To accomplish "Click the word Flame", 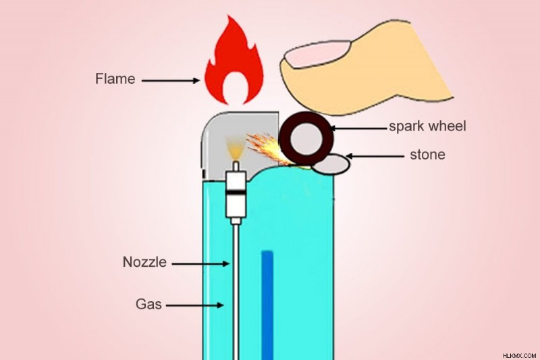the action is point(115,79).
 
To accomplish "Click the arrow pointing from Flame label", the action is point(171,80).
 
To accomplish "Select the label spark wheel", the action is point(427,126).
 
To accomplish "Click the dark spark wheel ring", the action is point(284,138).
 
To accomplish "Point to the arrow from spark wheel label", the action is point(359,128).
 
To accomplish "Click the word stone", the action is point(427,155).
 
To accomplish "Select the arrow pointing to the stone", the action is point(375,157).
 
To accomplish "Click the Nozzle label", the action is point(144,262).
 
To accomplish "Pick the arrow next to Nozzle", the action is point(200,264).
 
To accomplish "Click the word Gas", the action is point(148,304).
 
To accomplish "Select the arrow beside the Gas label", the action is point(194,305).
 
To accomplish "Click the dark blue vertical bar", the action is point(267,305).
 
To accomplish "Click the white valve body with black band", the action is point(236,194).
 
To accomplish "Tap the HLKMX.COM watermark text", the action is point(519,355).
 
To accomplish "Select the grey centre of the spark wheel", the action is point(306,139).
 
